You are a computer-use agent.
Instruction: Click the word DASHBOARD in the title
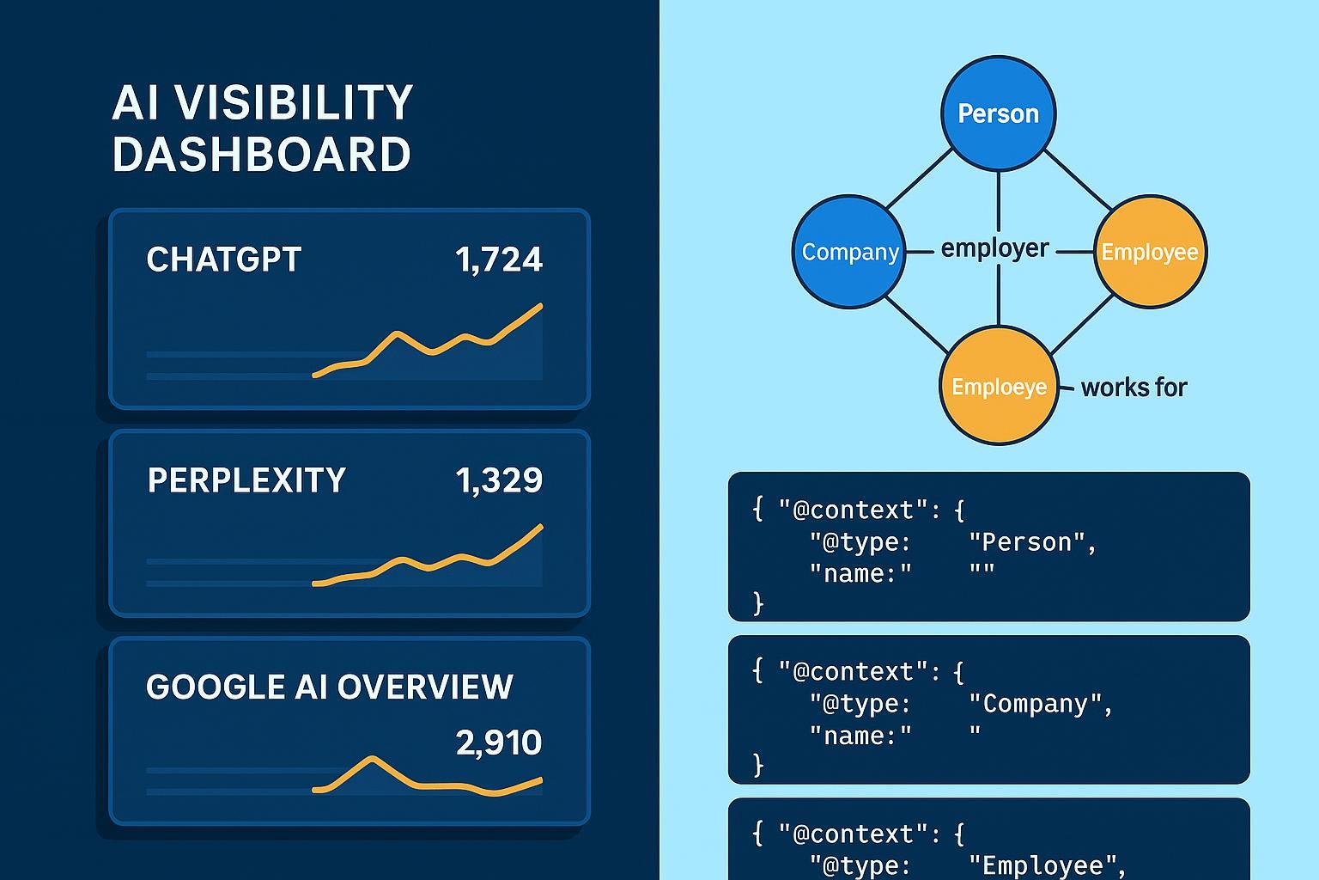pos(261,154)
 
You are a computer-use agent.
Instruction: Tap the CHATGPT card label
pos(224,260)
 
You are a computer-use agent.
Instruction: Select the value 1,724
pos(499,260)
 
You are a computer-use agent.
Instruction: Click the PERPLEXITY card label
pos(246,480)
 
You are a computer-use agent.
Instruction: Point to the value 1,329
pos(499,480)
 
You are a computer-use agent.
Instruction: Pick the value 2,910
pos(499,742)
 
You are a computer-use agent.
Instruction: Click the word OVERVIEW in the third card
pos(424,687)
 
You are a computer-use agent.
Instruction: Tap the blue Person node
pos(998,113)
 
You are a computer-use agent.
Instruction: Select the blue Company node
pos(848,252)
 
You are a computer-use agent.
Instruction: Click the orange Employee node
pos(1150,252)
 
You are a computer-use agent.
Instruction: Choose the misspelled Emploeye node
pos(999,386)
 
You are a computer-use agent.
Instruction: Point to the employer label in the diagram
pos(994,248)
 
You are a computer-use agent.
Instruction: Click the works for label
pos(1134,388)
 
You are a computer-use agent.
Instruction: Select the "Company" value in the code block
pos(1041,704)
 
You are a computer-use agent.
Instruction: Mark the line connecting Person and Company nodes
pos(919,179)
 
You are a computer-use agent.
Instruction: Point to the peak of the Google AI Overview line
pos(372,758)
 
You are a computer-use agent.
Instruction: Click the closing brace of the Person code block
pos(758,604)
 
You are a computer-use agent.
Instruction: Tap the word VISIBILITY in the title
pos(293,102)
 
